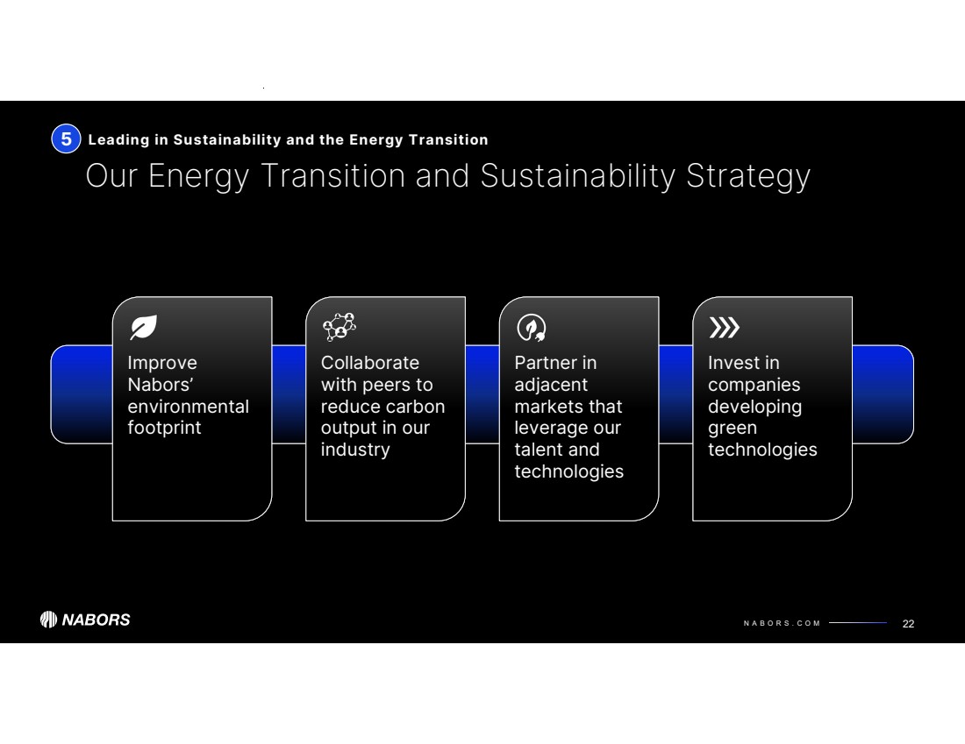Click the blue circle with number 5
(66, 139)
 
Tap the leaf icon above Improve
(143, 327)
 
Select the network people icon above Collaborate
(340, 327)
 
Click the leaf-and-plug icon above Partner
(532, 327)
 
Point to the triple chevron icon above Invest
(725, 328)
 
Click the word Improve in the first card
(162, 364)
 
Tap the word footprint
(164, 428)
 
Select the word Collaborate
(370, 363)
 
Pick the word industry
(355, 450)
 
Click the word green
(733, 429)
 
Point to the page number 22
(908, 623)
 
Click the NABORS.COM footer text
(782, 623)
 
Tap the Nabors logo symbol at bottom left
(48, 620)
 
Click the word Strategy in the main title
(747, 176)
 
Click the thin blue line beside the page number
(858, 623)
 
